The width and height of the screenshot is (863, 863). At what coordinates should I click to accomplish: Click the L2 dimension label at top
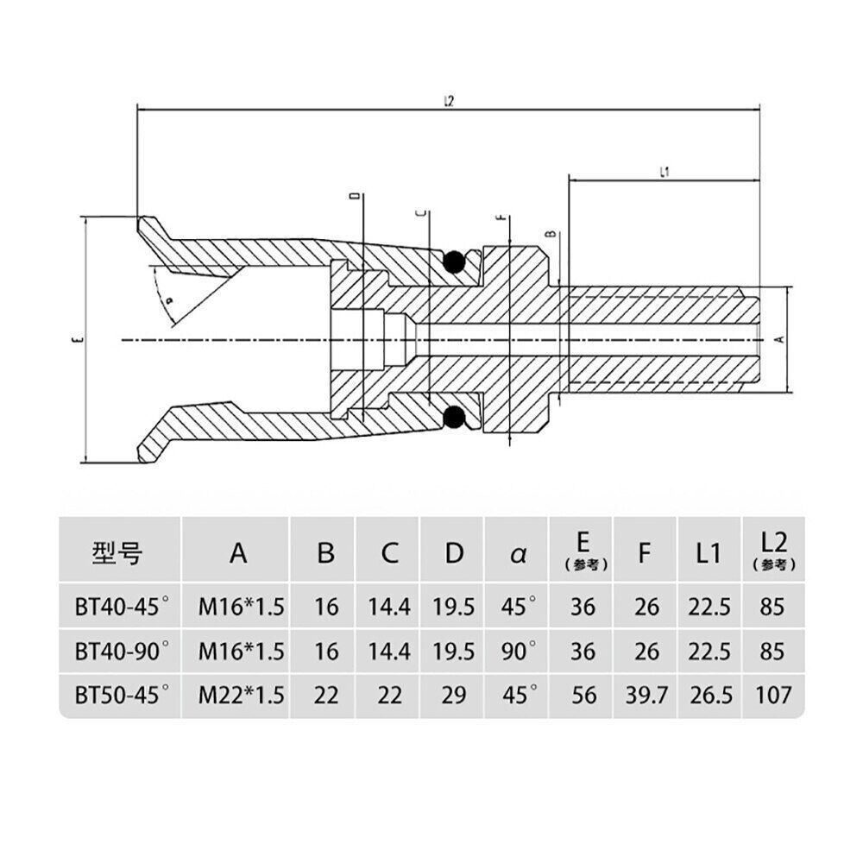click(448, 101)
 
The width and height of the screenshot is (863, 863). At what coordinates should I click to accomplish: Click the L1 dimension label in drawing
click(665, 173)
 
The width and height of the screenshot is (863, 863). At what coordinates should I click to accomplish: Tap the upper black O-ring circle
click(452, 262)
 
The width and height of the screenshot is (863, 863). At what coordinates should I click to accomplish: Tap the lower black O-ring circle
click(452, 419)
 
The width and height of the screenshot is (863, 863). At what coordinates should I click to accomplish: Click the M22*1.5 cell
click(241, 695)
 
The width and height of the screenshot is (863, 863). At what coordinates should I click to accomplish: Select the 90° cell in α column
click(519, 651)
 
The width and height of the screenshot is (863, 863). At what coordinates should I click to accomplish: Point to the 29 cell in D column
click(454, 695)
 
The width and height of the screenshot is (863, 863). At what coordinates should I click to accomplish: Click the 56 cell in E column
click(583, 695)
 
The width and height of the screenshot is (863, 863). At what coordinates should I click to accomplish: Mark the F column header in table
click(644, 553)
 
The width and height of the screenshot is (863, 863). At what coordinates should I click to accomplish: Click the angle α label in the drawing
click(169, 299)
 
